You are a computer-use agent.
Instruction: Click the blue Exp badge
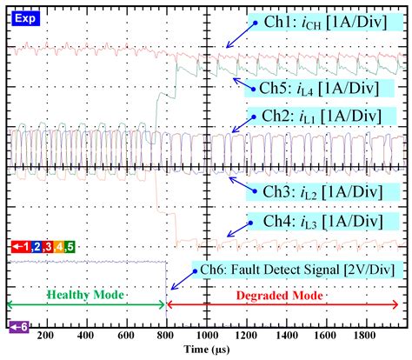click(x=23, y=17)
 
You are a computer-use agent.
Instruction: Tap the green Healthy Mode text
click(x=84, y=296)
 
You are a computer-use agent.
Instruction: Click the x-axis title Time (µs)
click(x=206, y=349)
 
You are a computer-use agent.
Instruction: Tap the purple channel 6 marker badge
click(x=19, y=327)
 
